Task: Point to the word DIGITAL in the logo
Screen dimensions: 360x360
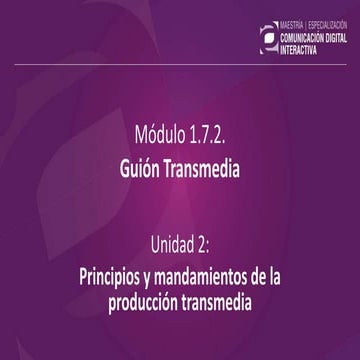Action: coord(341,35)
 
